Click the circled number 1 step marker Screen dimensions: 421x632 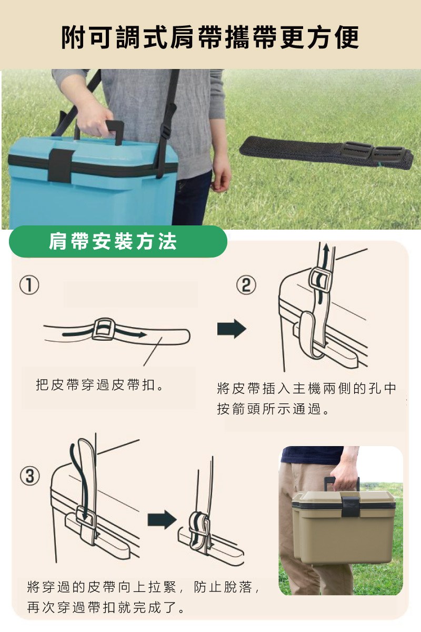(29, 285)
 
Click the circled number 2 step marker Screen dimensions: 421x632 (246, 285)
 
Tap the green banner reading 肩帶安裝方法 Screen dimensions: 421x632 (118, 242)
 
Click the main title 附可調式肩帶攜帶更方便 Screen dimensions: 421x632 (210, 37)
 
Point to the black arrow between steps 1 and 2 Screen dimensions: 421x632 (232, 329)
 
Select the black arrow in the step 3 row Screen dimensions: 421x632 (162, 520)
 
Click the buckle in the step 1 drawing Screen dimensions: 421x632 (104, 329)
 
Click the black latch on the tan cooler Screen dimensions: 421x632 (350, 506)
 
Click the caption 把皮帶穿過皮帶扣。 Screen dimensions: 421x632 (99, 385)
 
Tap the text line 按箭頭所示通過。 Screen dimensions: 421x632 (273, 409)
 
